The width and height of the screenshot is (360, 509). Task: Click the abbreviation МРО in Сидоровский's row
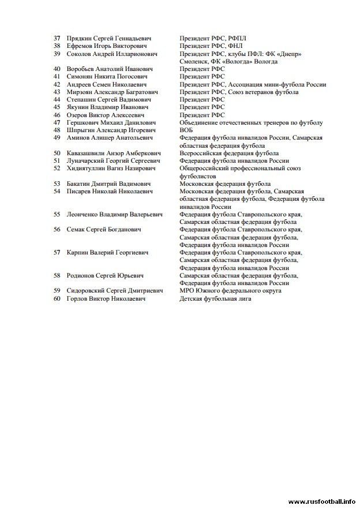click(187, 290)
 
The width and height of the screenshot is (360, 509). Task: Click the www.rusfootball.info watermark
click(322, 501)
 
